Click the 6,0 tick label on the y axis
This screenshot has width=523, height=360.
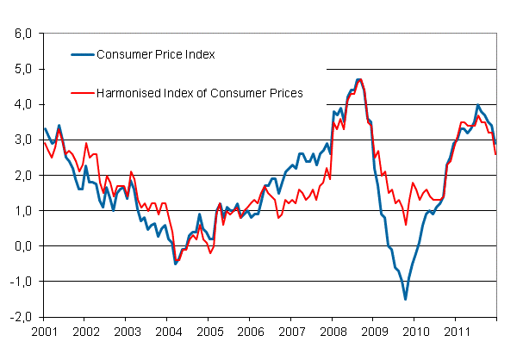click(22, 34)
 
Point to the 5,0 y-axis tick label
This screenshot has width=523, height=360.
click(22, 69)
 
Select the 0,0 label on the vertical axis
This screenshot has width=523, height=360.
click(22, 245)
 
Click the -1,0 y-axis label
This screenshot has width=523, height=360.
click(20, 281)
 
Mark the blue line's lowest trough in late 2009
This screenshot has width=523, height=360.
click(405, 299)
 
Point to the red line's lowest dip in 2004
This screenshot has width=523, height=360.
click(177, 261)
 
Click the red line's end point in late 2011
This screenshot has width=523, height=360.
click(495, 154)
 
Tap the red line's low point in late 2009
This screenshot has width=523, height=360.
click(406, 225)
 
